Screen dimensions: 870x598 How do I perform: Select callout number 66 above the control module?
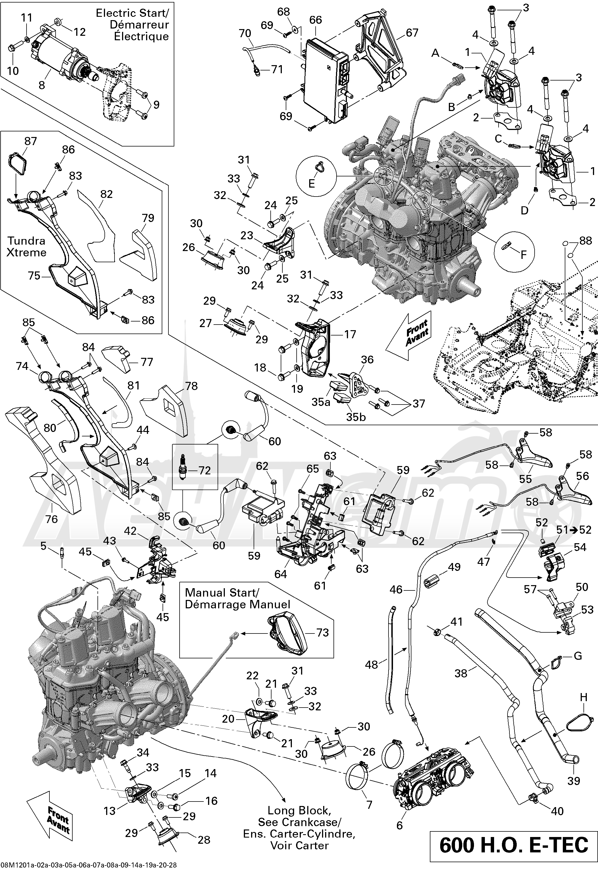[x=316, y=20]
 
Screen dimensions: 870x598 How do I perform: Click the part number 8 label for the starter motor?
[x=42, y=85]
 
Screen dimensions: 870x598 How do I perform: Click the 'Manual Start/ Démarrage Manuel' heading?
[x=237, y=599]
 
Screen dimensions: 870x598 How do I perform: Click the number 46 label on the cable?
[x=396, y=590]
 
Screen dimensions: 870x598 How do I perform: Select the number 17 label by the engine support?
[x=350, y=334]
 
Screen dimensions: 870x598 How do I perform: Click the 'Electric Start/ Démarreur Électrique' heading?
[x=132, y=25]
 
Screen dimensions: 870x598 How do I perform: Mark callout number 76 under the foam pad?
[x=51, y=519]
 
